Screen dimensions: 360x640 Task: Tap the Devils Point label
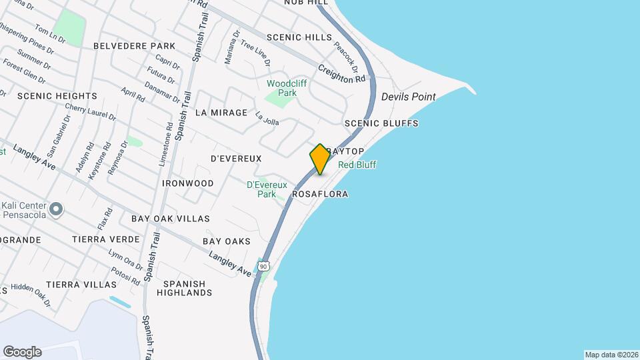pyautogui.click(x=408, y=97)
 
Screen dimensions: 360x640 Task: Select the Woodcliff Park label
pyautogui.click(x=282, y=88)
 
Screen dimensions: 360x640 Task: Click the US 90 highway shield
pyautogui.click(x=264, y=266)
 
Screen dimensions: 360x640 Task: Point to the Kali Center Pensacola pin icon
pyautogui.click(x=57, y=210)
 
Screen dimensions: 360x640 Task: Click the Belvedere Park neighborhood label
pyautogui.click(x=134, y=46)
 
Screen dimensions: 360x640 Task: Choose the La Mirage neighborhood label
pyautogui.click(x=221, y=113)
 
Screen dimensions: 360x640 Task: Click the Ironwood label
pyautogui.click(x=187, y=183)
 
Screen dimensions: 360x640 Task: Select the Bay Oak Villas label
pyautogui.click(x=170, y=219)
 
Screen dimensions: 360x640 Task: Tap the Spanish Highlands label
pyautogui.click(x=185, y=288)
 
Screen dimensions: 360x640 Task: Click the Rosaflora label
pyautogui.click(x=320, y=194)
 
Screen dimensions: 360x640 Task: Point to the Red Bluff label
pyautogui.click(x=357, y=165)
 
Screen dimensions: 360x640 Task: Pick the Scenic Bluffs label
pyautogui.click(x=381, y=123)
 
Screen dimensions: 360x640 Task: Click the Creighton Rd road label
pyautogui.click(x=342, y=73)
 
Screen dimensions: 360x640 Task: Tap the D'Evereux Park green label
pyautogui.click(x=266, y=189)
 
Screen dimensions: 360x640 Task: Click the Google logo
pyautogui.click(x=22, y=352)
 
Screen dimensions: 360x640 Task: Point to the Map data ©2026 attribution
pyautogui.click(x=611, y=355)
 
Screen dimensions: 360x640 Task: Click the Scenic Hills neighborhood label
pyautogui.click(x=298, y=37)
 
